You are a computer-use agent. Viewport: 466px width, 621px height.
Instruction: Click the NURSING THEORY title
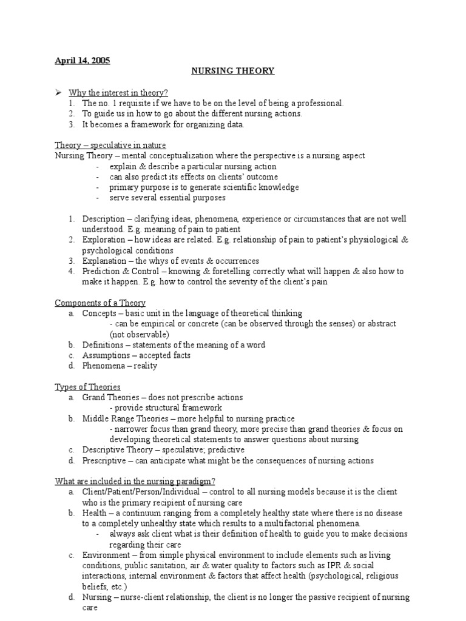click(233, 71)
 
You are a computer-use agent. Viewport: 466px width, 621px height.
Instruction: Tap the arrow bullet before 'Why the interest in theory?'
click(59, 92)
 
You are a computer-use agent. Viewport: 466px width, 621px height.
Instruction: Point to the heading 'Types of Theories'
click(87, 387)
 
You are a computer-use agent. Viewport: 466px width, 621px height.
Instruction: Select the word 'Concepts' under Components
click(99, 314)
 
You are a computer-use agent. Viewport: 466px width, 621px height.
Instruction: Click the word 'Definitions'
click(103, 345)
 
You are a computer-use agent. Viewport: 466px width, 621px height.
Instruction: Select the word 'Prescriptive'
click(104, 461)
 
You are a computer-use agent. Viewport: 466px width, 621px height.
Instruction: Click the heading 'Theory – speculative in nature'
click(110, 146)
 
